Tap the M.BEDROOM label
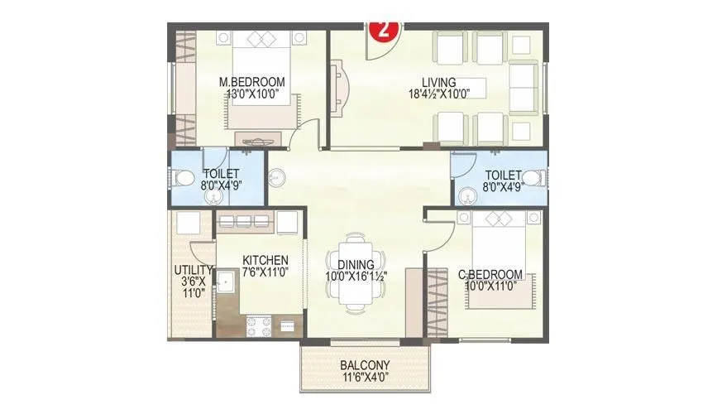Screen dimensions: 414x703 point(252,82)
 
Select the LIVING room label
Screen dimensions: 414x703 point(439,81)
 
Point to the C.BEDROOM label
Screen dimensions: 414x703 point(490,275)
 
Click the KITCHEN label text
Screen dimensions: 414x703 point(265,259)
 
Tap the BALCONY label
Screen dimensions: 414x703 point(365,364)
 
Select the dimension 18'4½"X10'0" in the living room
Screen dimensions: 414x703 point(439,94)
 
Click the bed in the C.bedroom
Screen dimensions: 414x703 point(497,248)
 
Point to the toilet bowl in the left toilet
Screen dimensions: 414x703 point(183,180)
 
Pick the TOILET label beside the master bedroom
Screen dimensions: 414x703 point(220,173)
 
